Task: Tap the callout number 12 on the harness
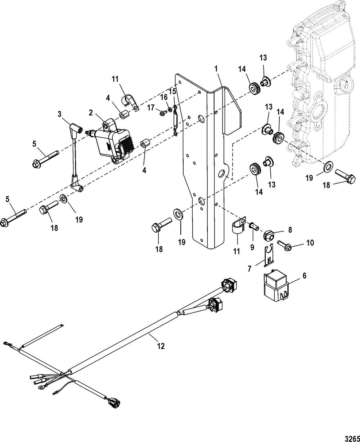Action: (161, 346)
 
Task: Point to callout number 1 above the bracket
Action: (217, 68)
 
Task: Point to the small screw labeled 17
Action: (162, 113)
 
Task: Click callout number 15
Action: (173, 91)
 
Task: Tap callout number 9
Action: (252, 247)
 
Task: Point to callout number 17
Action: (150, 107)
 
